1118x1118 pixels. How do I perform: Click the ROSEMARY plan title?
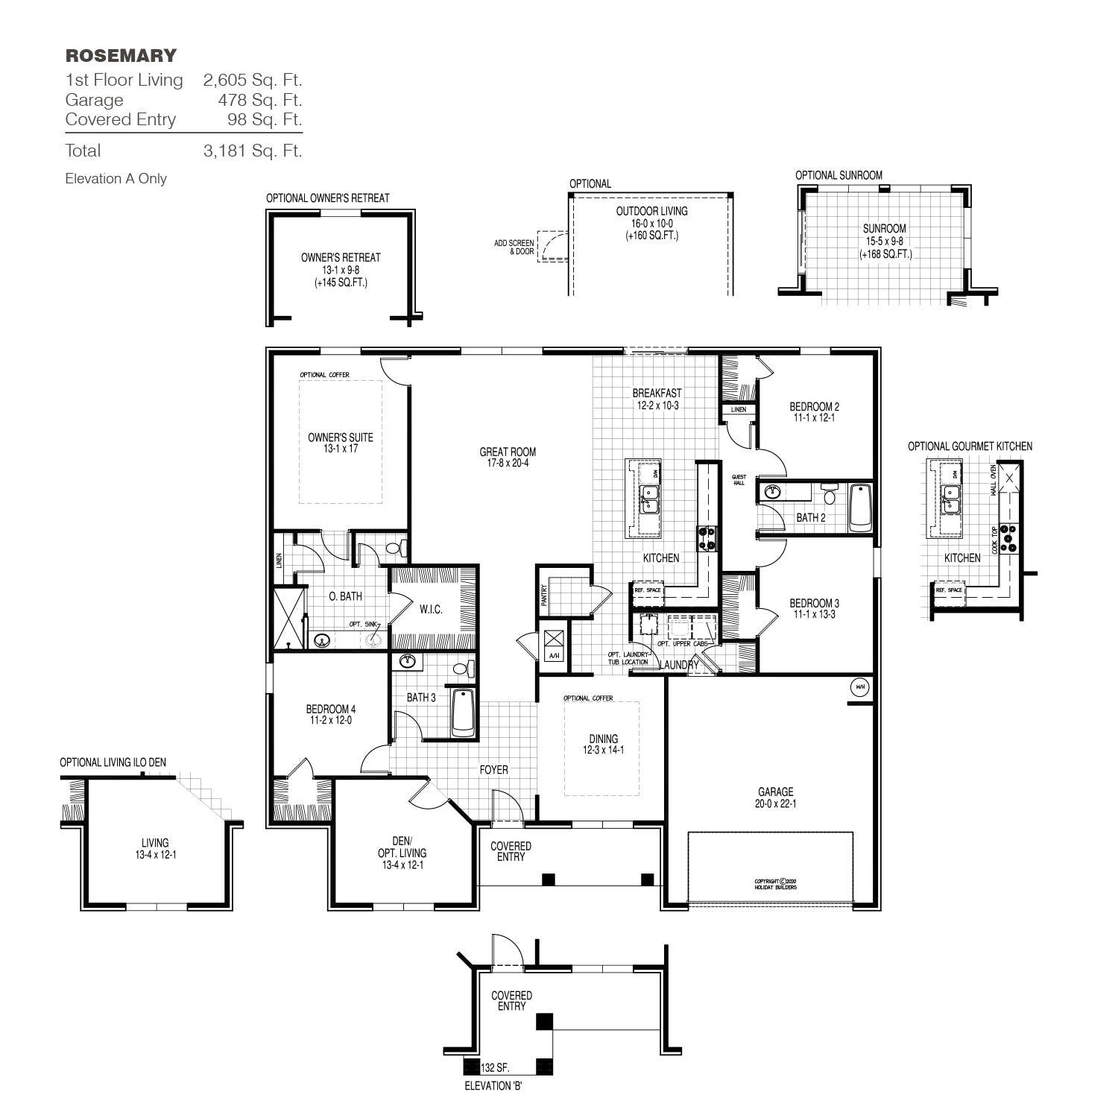coord(121,56)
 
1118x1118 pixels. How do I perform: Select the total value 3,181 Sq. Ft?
coord(252,151)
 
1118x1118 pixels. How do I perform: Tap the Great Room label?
coord(508,452)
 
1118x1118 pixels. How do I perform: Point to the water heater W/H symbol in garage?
coord(859,687)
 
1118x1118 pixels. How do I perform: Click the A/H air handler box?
coord(554,644)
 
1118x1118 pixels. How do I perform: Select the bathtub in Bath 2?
coord(860,508)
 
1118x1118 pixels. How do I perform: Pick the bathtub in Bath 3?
coord(463,713)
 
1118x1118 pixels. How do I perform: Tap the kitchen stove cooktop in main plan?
coord(707,538)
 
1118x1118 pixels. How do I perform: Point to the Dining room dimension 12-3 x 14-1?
coord(603,751)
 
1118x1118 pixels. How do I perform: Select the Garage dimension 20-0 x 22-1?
coord(775,804)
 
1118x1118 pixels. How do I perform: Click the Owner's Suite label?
coord(341,438)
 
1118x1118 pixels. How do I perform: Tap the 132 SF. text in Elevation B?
coord(495,1067)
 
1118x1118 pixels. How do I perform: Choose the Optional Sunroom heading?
coord(838,175)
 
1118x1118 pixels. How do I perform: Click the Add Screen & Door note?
coord(514,247)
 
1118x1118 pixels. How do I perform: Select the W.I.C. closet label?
coord(431,609)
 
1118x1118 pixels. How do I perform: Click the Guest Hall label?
coord(739,480)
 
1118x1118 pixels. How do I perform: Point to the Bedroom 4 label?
coord(330,709)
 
